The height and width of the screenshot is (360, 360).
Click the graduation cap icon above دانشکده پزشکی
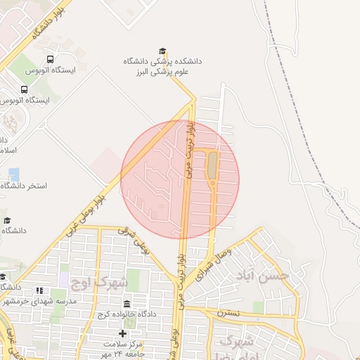[163, 51]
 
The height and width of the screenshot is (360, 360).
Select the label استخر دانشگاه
[24, 186]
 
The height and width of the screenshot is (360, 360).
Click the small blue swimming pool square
[14, 174]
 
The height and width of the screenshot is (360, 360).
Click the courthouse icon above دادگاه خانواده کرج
[127, 304]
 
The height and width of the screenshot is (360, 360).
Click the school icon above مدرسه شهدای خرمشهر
[39, 290]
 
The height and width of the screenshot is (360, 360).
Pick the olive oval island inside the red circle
[211, 166]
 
